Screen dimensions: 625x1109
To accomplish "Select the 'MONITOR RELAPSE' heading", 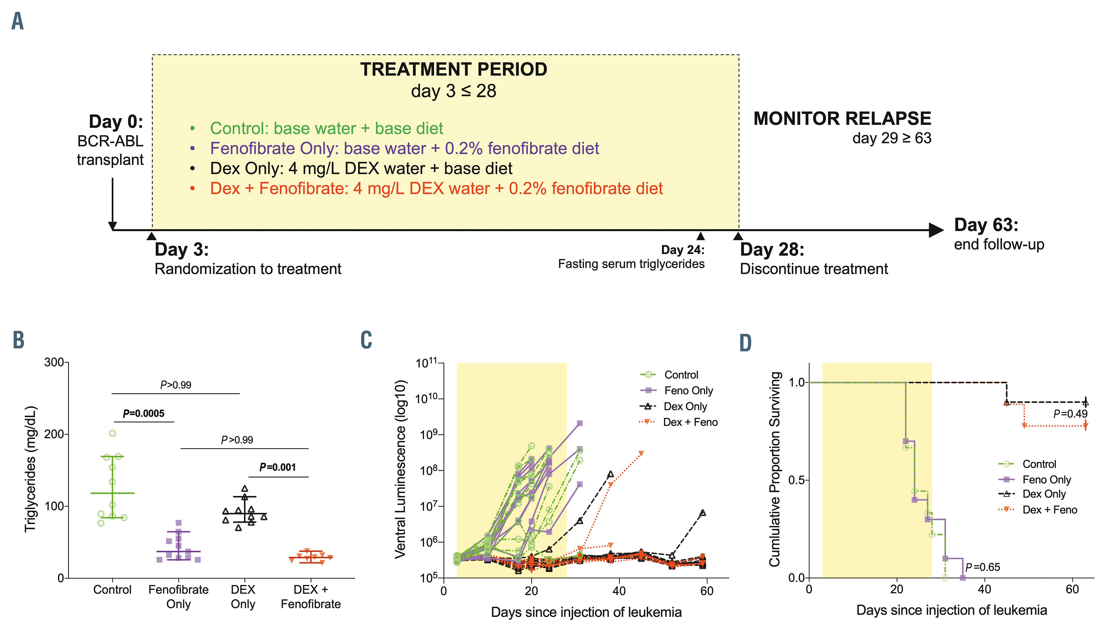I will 842,119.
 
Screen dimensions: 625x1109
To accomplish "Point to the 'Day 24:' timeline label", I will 682,250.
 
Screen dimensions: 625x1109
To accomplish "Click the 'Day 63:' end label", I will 986,225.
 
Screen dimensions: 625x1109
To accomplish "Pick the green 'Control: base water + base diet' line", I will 326,128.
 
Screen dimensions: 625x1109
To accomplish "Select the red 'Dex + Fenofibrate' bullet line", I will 436,189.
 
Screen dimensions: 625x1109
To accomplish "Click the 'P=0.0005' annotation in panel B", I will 143,414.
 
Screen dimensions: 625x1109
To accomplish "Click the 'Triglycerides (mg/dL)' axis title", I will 31,469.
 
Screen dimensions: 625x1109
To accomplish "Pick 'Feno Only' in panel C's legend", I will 688,391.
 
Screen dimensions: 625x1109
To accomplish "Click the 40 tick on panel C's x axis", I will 619,591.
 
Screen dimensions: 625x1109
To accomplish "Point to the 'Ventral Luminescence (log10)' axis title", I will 400,469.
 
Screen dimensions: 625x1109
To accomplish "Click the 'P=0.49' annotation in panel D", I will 1070,414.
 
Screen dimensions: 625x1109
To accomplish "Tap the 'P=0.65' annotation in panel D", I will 982,567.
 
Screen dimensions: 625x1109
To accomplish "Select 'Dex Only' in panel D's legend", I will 1044,494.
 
